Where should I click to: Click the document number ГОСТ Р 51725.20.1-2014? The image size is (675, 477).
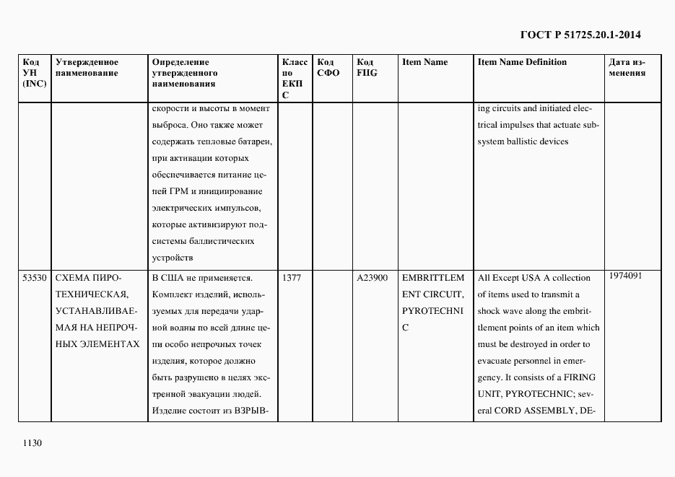[x=580, y=34]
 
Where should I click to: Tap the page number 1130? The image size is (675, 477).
[x=33, y=443]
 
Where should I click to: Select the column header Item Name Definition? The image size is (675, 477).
[x=522, y=62]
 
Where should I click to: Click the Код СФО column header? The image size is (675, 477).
[x=328, y=67]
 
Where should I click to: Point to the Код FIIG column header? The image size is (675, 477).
[x=366, y=67]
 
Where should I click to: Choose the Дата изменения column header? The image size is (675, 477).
[x=627, y=67]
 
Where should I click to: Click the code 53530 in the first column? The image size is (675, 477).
[x=35, y=278]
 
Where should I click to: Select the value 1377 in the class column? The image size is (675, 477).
[x=292, y=278]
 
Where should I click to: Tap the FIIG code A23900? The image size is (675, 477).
[x=372, y=278]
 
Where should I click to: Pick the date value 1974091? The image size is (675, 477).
[x=625, y=276]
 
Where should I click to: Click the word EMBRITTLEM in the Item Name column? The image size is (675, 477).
[x=433, y=278]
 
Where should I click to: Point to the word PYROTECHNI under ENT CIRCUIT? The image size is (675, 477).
[x=433, y=311]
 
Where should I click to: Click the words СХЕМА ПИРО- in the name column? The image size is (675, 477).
[x=88, y=278]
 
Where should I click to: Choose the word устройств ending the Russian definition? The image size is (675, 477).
[x=173, y=258]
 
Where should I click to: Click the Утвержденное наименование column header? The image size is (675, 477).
[x=87, y=67]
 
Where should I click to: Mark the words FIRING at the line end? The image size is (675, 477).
[x=580, y=377]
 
